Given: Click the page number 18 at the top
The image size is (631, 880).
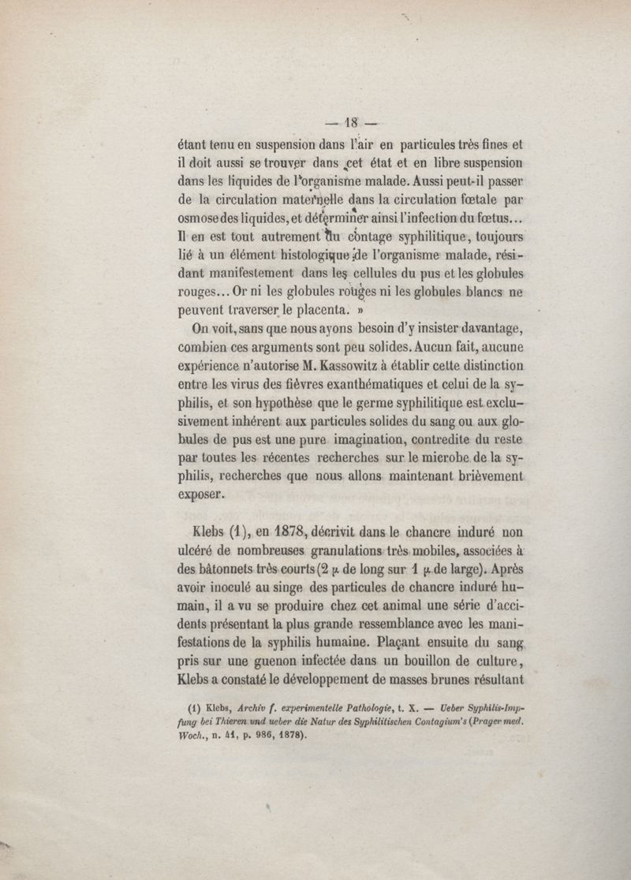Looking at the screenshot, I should tap(349, 122).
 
